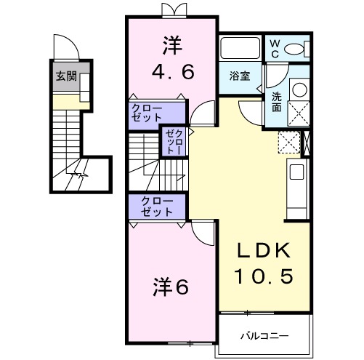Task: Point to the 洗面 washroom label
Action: point(278,100)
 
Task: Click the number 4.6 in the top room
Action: point(171,73)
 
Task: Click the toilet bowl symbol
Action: point(296,49)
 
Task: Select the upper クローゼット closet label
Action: point(147,113)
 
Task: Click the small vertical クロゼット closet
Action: point(174,142)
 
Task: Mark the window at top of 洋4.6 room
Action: point(172,10)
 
